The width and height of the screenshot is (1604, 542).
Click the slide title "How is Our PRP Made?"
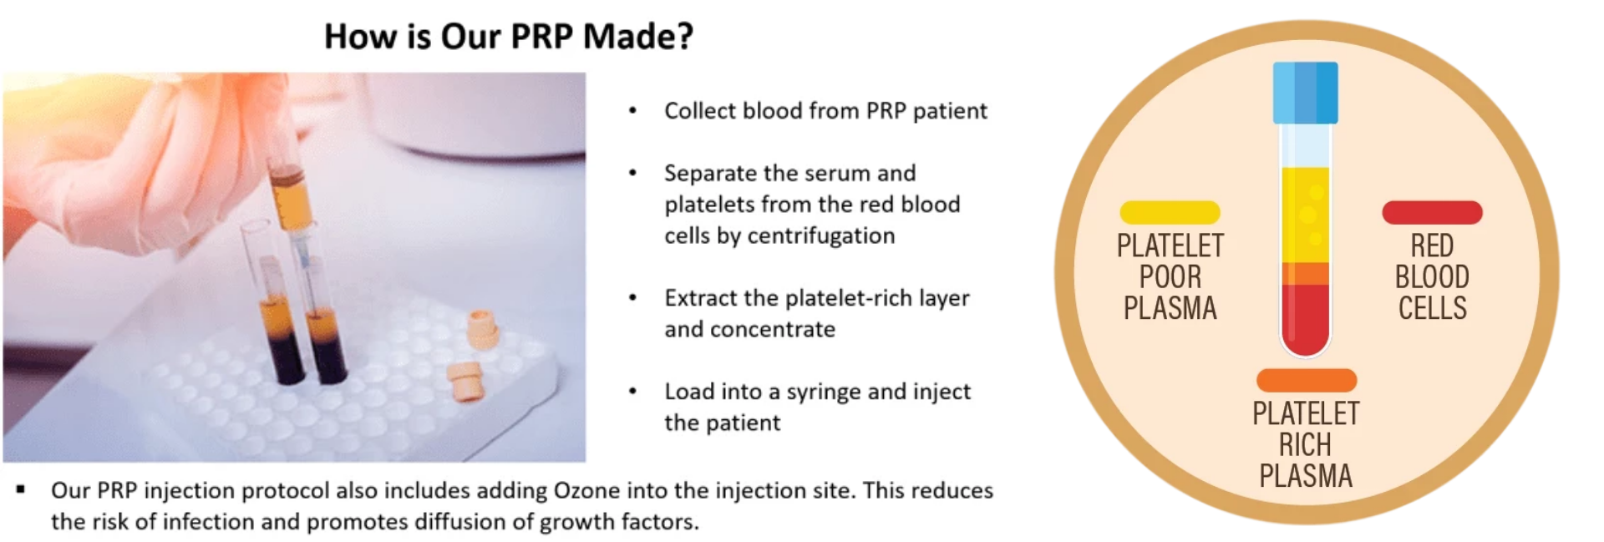(x=509, y=36)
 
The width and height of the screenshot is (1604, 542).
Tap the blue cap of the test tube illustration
(x=1305, y=93)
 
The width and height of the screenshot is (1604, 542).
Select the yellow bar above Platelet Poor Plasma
(x=1170, y=212)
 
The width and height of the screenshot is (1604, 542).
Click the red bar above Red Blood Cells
(x=1432, y=212)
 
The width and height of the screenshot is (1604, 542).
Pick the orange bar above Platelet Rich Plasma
(x=1306, y=380)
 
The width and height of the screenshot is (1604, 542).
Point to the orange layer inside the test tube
(x=1305, y=273)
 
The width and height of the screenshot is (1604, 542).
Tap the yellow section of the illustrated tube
(x=1305, y=215)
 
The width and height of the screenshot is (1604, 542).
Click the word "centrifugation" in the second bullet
(x=821, y=236)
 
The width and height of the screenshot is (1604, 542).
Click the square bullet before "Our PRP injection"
(x=21, y=489)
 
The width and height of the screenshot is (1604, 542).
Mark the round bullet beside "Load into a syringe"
(x=633, y=391)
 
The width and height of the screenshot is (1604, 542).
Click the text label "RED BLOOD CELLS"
(x=1432, y=276)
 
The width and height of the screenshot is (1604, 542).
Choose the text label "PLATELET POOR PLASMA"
(x=1170, y=276)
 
